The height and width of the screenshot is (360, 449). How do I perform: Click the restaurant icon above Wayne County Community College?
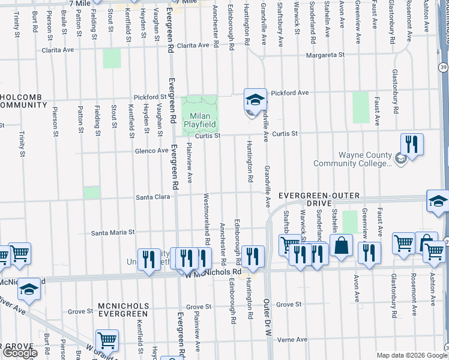coord(412,144)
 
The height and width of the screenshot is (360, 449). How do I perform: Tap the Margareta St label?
coord(324,55)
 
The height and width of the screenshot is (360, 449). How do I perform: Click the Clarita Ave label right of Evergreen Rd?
coord(196,46)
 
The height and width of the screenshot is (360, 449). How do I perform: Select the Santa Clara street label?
coord(153,197)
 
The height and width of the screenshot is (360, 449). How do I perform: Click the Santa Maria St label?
coord(113,232)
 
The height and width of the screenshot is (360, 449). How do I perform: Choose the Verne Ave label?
coord(292,339)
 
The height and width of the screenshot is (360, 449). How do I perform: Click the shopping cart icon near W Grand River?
coord(107,340)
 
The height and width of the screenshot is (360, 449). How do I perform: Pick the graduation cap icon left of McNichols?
coord(28,291)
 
